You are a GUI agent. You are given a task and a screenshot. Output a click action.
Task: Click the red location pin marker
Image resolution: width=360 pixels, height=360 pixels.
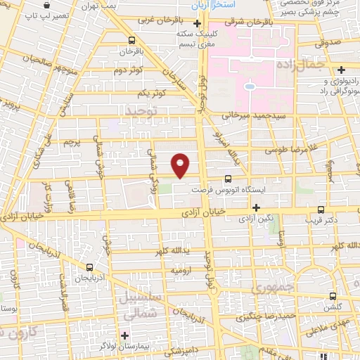181,165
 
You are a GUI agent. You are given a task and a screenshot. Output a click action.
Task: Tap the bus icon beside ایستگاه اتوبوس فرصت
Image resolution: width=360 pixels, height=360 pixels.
227,179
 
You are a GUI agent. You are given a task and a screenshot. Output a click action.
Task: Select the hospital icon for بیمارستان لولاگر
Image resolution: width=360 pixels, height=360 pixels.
126,334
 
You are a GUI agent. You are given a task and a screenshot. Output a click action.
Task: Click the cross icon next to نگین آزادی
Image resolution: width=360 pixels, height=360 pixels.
256,207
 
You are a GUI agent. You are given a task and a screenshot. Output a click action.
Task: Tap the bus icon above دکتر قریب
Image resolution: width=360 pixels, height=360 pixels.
321,209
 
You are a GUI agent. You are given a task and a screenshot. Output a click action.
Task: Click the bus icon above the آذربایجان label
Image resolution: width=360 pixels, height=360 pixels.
89,267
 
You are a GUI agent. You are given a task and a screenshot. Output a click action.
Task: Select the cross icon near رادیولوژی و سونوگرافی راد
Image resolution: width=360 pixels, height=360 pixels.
341,69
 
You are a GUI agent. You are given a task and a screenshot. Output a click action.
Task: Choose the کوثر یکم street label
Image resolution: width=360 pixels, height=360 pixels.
151,93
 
